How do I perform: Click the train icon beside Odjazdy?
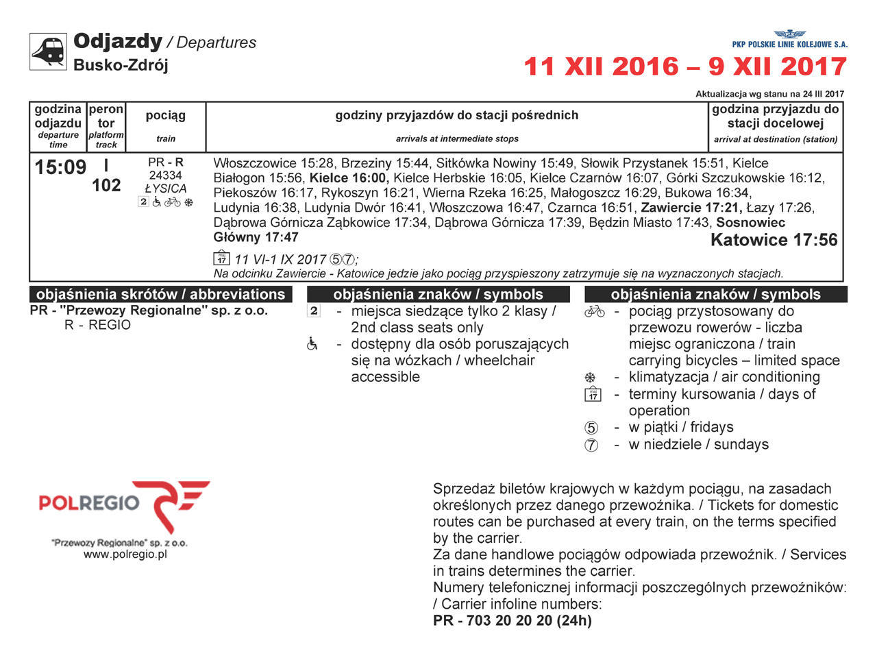48,51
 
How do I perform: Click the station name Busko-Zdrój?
121,65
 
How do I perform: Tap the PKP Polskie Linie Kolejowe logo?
789,39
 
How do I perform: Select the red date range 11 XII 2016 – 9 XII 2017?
685,66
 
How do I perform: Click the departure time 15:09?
60,167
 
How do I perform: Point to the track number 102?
106,186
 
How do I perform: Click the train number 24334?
166,175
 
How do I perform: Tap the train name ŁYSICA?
166,188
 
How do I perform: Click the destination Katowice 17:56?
774,240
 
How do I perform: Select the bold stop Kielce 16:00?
349,178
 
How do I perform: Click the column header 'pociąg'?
166,115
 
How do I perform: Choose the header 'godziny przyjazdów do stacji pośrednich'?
456,115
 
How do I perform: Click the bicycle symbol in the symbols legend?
594,312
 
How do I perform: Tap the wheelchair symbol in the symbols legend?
313,344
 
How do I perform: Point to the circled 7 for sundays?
591,445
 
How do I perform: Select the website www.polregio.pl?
125,555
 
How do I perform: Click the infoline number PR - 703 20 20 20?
512,620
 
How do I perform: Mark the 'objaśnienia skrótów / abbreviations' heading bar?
160,295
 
